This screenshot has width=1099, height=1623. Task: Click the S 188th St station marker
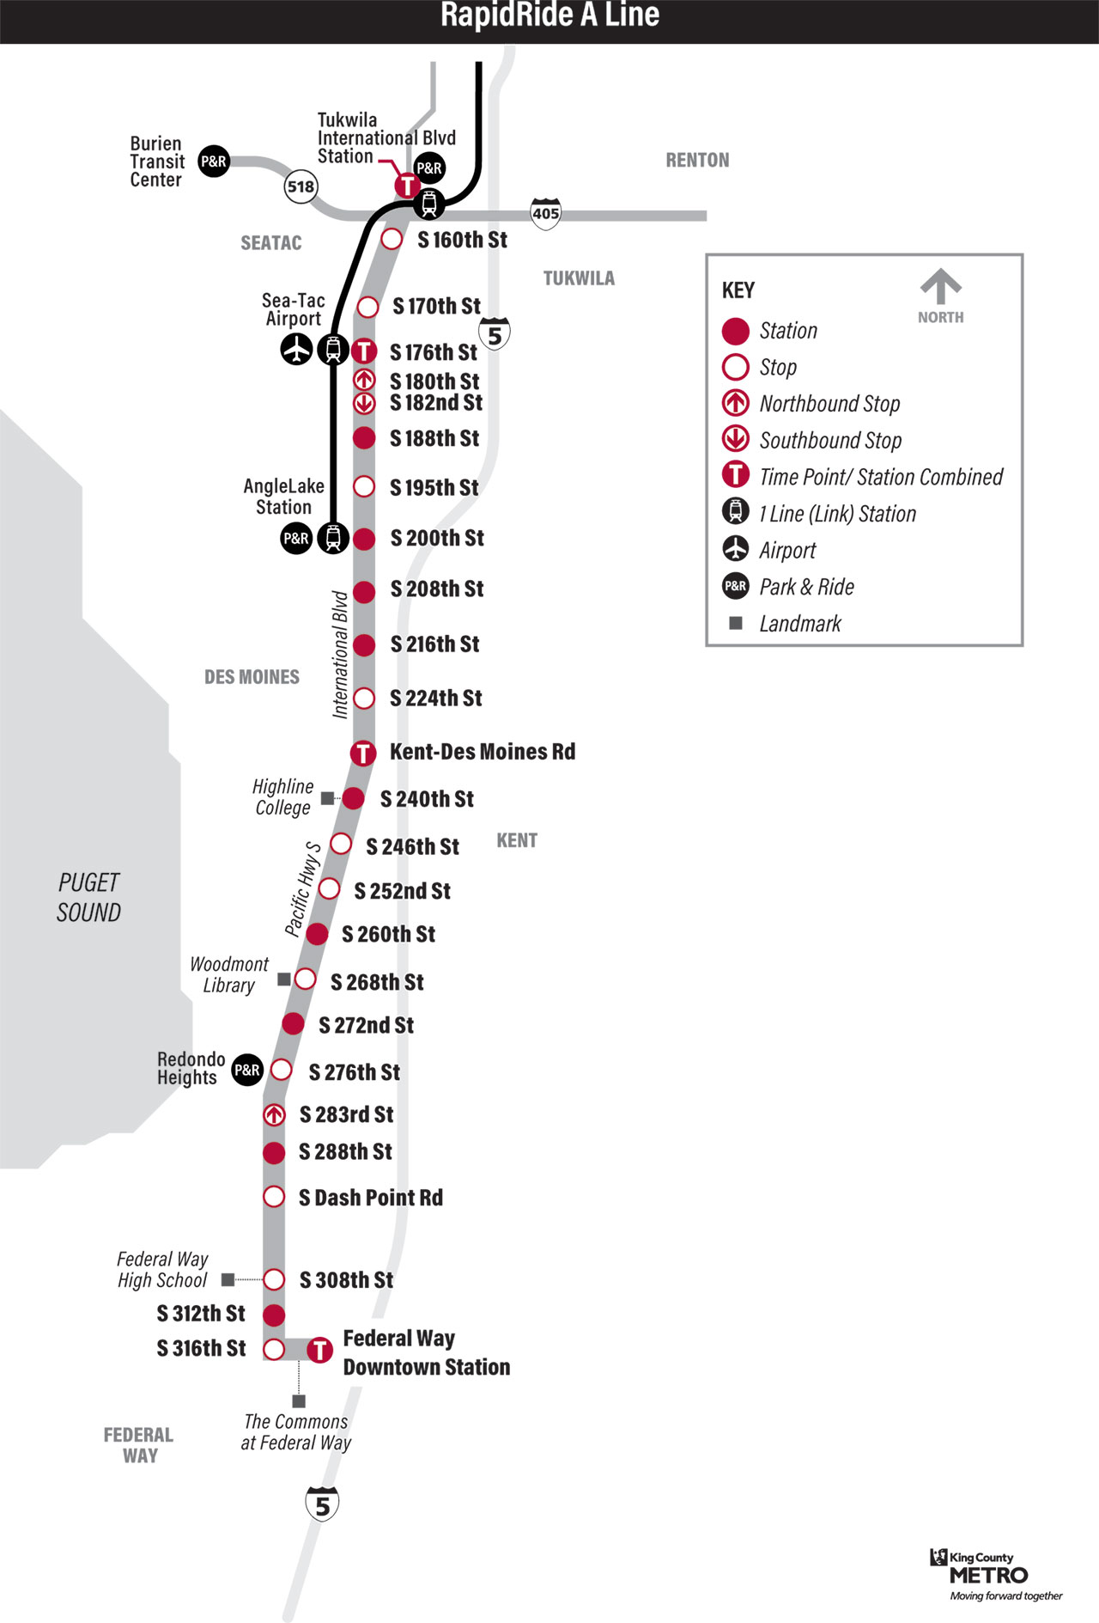[364, 438]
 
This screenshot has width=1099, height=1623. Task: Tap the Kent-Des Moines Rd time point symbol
[363, 754]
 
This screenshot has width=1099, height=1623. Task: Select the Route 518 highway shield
[301, 186]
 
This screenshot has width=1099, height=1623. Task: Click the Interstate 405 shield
[546, 213]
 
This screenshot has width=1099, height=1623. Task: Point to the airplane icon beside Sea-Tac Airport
[297, 350]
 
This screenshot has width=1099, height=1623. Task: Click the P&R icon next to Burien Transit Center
[214, 161]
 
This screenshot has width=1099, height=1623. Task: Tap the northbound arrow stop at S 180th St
[364, 380]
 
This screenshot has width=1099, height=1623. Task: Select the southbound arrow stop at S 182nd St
[364, 402]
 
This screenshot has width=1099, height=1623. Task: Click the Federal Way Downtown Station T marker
[320, 1350]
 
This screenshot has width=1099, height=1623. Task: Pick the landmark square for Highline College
[327, 798]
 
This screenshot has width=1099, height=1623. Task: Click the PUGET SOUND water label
[88, 898]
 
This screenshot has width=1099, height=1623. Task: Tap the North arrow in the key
[941, 287]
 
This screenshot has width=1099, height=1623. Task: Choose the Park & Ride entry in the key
[805, 587]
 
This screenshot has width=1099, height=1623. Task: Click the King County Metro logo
[987, 1573]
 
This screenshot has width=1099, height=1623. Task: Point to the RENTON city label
[697, 161]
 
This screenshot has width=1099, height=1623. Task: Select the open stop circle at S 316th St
[274, 1349]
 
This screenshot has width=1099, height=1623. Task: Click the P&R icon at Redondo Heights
[247, 1070]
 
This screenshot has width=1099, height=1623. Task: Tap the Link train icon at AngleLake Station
[333, 538]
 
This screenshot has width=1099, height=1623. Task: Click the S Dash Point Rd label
[371, 1198]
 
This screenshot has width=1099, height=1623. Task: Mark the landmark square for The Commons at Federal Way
[299, 1401]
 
